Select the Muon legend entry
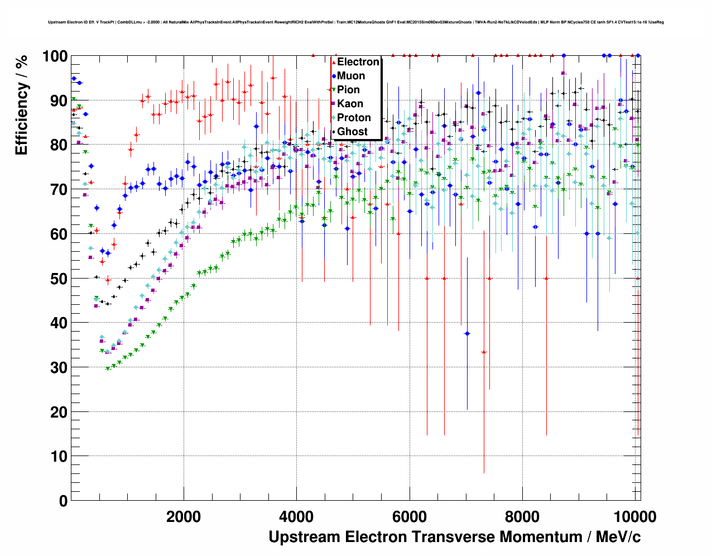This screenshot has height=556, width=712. click(350, 76)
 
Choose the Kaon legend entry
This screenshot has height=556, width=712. click(350, 104)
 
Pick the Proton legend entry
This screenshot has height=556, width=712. click(354, 118)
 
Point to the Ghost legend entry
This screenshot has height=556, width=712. click(352, 132)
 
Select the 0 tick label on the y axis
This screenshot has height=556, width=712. click(63, 501)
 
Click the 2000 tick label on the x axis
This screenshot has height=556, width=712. click(184, 516)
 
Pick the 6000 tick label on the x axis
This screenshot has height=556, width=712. click(410, 516)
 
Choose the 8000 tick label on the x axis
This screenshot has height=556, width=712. click(522, 516)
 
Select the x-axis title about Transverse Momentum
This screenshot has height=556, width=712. click(454, 537)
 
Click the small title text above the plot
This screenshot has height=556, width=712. click(355, 22)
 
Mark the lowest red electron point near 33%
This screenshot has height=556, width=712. click(484, 352)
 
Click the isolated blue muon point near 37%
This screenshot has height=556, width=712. click(467, 333)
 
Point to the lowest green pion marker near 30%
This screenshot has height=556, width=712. click(108, 368)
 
